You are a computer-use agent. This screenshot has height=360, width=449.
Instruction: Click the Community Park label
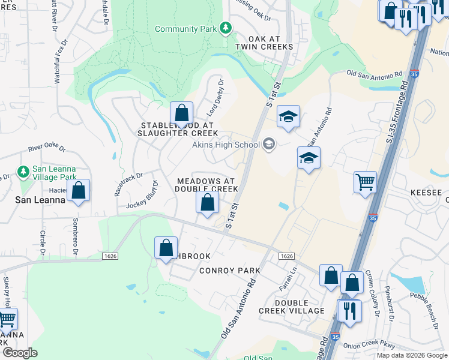point(186,29)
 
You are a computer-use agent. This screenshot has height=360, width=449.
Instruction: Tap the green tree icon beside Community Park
point(226,28)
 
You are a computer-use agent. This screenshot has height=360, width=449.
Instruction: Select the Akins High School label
point(226,144)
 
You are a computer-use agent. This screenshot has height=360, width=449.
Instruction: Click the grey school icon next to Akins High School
point(269,143)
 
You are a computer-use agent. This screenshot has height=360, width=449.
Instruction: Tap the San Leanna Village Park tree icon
point(23,172)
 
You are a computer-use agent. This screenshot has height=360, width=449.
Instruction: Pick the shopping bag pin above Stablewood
point(181,113)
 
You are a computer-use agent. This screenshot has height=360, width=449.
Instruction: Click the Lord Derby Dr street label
point(215,97)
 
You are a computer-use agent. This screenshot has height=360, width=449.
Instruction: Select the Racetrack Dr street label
point(128,185)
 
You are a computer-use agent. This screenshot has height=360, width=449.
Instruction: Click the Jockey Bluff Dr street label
point(142,195)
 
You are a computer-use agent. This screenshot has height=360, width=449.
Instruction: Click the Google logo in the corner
point(20,352)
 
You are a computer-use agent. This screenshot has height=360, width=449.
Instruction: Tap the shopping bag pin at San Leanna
point(78,190)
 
